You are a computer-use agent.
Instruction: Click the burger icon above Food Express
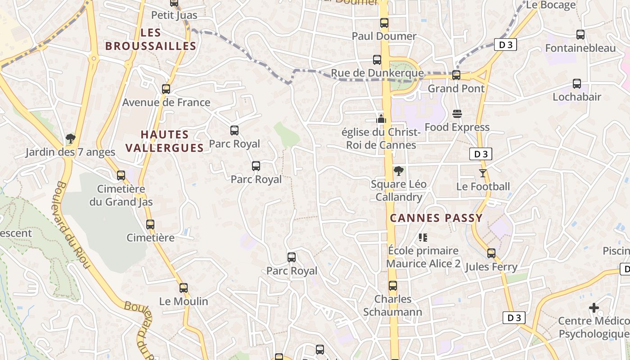(457, 113)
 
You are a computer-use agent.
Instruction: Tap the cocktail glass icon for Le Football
(483, 173)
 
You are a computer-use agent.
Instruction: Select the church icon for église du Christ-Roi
(381, 119)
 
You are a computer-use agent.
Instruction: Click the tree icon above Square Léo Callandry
(398, 171)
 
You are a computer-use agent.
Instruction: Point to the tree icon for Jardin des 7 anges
(70, 139)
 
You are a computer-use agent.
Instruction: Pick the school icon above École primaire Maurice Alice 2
(423, 237)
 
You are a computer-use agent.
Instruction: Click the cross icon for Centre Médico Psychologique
(594, 308)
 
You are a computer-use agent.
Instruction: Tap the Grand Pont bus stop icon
(456, 75)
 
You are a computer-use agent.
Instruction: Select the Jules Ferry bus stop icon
(491, 253)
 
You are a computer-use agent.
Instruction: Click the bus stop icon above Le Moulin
(184, 288)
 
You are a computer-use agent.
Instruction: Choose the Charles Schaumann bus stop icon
(393, 286)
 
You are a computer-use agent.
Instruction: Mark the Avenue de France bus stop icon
(166, 89)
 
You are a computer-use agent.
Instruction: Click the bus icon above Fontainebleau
(580, 35)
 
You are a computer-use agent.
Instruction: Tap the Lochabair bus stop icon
(577, 84)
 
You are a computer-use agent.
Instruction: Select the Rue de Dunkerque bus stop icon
(377, 60)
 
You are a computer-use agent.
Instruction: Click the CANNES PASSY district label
(436, 218)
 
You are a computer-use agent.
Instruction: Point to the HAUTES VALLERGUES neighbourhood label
(164, 141)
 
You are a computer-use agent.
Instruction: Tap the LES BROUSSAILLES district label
(151, 39)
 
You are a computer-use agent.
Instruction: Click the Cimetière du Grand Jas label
(121, 195)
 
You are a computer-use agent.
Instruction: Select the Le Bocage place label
(551, 5)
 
